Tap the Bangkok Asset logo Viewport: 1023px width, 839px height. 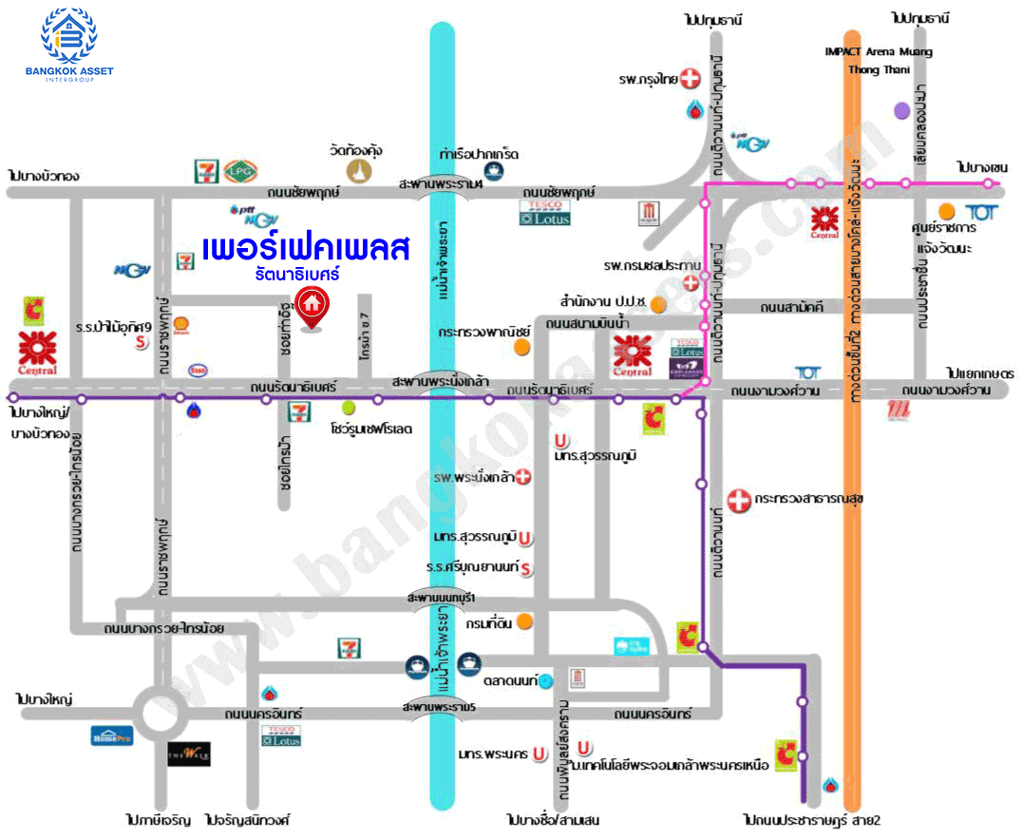pos(68,43)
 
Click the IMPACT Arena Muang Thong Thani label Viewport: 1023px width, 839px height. pos(878,60)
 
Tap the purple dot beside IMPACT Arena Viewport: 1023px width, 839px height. pos(901,110)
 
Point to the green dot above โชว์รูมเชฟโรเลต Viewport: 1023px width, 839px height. pos(349,408)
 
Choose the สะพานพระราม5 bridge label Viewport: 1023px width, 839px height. pos(438,708)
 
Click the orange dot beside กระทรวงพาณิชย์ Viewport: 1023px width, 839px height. pos(521,347)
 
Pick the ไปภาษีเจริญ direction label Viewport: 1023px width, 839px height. pos(158,818)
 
